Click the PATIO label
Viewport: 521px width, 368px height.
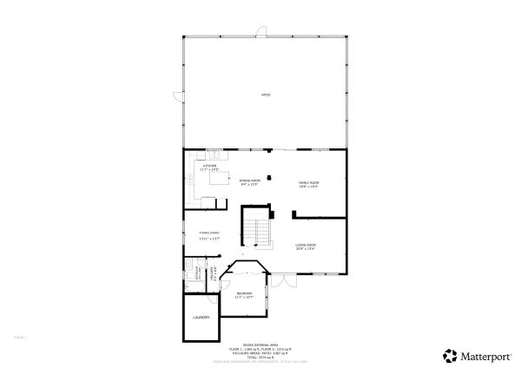point(266,95)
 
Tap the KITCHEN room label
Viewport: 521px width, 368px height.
point(209,165)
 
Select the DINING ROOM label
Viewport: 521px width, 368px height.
point(250,181)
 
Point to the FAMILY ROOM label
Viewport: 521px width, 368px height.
point(308,182)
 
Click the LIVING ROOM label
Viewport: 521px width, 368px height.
point(305,245)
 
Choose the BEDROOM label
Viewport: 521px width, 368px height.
point(244,293)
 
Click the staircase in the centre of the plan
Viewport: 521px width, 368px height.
point(254,228)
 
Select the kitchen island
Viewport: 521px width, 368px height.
point(221,180)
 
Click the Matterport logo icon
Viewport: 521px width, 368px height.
point(448,356)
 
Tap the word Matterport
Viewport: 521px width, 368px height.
point(485,356)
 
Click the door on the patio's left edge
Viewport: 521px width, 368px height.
point(180,95)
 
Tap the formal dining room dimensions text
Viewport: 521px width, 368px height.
point(208,237)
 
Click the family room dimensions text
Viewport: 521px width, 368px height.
point(308,187)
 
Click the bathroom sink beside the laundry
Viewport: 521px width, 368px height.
point(188,263)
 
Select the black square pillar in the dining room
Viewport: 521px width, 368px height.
point(270,179)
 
